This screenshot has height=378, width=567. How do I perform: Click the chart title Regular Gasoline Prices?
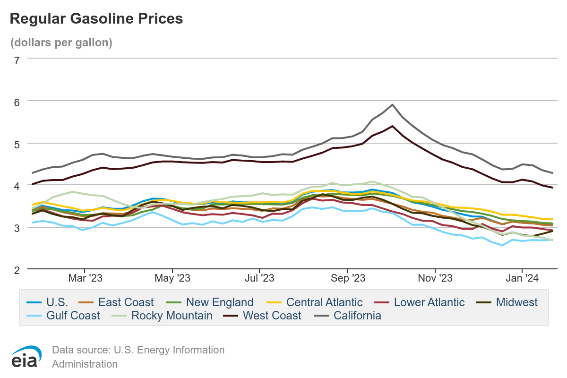point(96,18)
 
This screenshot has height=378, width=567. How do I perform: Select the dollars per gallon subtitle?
point(61,43)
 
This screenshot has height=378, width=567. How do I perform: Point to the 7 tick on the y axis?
point(17,60)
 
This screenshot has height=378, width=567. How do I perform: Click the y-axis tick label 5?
point(17,144)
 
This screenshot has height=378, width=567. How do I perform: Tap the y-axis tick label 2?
point(17,270)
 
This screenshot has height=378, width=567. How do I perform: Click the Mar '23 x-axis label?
point(85,279)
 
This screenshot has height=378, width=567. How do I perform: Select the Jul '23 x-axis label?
point(260,279)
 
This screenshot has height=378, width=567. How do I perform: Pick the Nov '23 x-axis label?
point(435,279)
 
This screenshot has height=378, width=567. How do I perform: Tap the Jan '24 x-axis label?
point(522,279)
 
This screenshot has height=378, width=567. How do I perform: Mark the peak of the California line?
point(392,105)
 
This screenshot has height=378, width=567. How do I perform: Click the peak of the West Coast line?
point(392,126)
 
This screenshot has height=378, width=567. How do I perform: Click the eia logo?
point(26,357)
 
